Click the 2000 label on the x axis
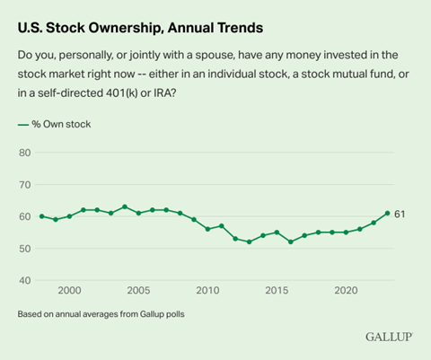[x=69, y=291]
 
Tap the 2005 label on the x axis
[x=138, y=291]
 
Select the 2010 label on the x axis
[x=207, y=291]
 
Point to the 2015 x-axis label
[x=277, y=291]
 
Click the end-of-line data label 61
[x=400, y=214]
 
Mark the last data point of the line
[x=387, y=213]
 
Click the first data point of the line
[x=41, y=216]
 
